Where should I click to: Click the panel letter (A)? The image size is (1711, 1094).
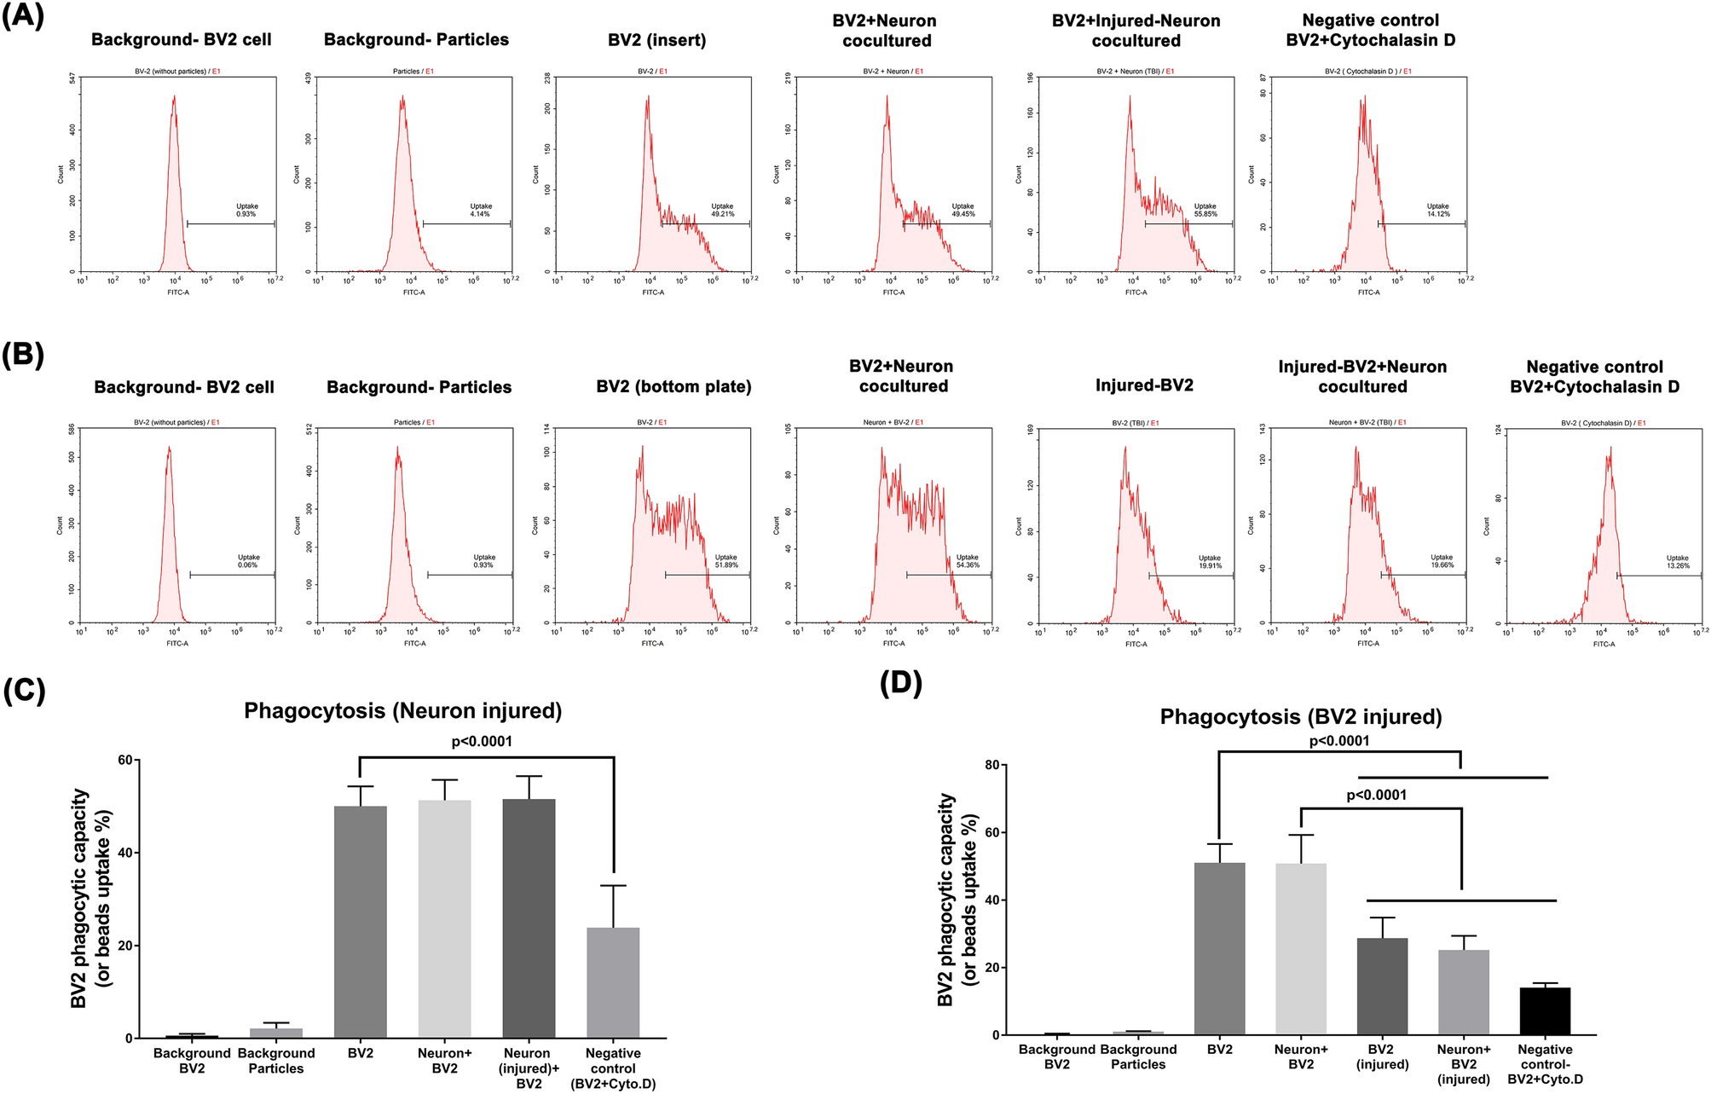23,16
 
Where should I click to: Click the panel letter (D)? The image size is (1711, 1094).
901,683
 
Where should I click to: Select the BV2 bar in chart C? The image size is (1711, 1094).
360,921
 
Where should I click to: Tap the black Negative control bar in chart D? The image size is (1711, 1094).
1545,1011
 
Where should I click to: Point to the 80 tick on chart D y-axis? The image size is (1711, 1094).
991,765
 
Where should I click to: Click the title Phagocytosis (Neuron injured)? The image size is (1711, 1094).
402,711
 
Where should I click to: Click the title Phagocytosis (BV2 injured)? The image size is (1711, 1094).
1300,717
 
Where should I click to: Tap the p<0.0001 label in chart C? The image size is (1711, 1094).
482,742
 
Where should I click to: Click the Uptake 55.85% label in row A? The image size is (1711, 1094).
1205,210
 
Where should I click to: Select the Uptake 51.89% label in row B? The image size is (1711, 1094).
725,561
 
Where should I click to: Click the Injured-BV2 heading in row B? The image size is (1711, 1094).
1144,385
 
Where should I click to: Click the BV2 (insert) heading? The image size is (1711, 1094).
656,40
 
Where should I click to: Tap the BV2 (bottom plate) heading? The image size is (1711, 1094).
673,386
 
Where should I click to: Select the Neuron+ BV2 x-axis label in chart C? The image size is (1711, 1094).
444,1061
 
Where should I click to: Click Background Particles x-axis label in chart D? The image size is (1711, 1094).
1137,1056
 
